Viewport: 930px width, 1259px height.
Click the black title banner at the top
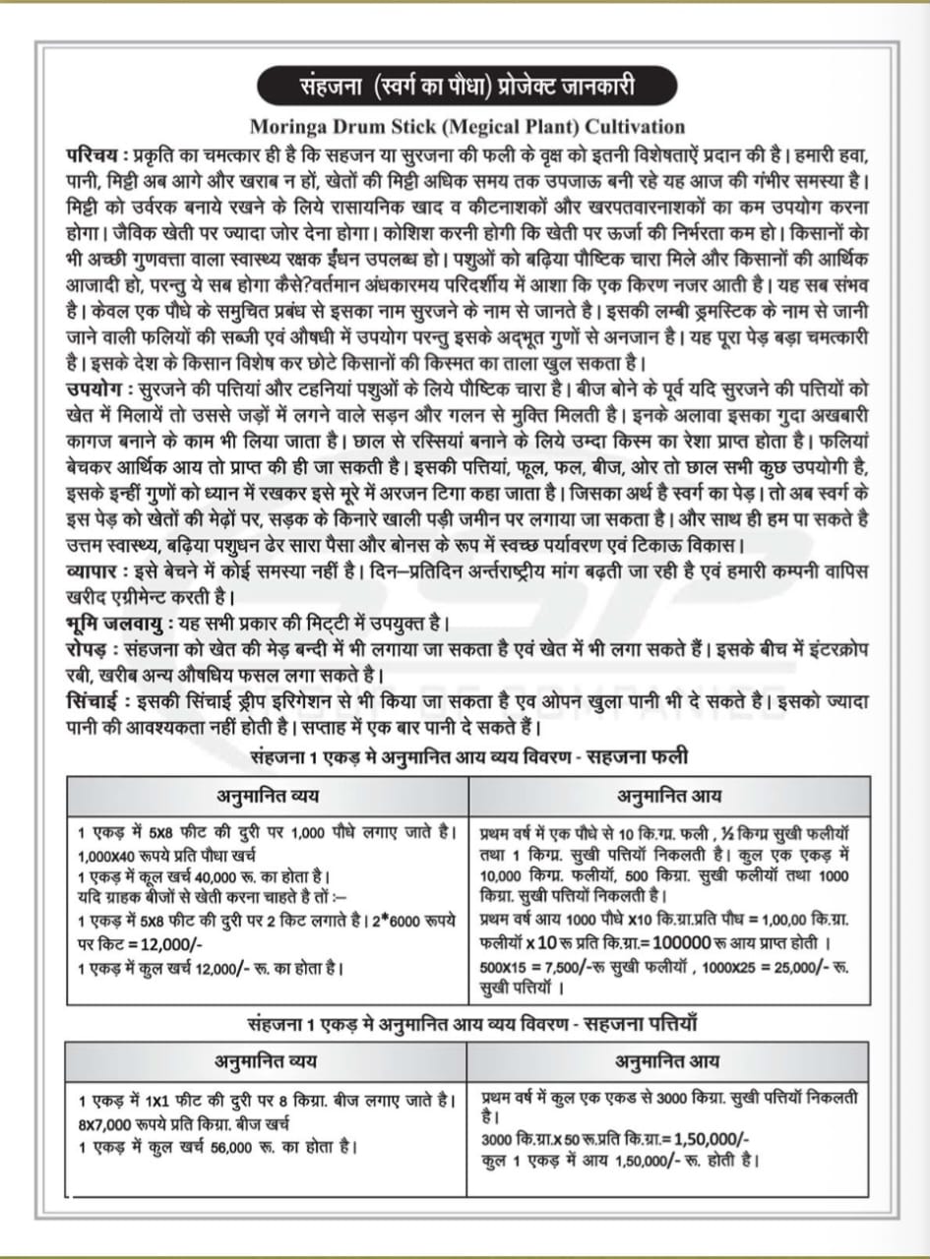pyautogui.click(x=465, y=87)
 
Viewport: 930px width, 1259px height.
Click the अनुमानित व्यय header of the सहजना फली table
pyautogui.click(x=268, y=794)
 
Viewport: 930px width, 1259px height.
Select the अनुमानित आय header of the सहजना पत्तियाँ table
pyautogui.click(x=667, y=1061)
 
